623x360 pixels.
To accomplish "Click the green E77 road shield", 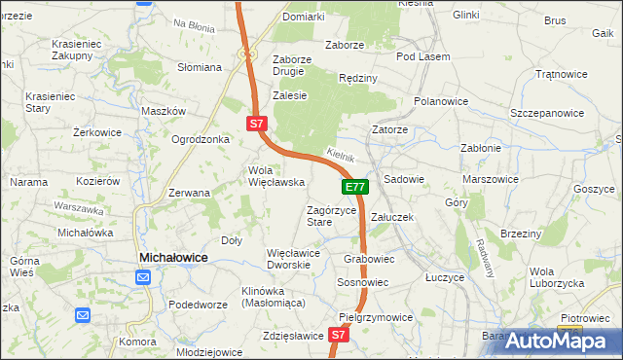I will (x=355, y=187).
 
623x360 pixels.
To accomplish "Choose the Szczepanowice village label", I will (x=547, y=113).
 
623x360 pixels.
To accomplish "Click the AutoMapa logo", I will (x=564, y=341).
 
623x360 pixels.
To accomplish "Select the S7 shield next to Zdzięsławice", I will (x=338, y=335).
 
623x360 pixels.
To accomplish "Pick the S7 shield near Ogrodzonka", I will (x=255, y=124).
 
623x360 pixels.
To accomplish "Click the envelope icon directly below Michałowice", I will (x=143, y=278).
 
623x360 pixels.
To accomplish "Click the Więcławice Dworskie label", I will (x=294, y=259).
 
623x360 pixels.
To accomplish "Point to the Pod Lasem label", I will (x=422, y=56).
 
